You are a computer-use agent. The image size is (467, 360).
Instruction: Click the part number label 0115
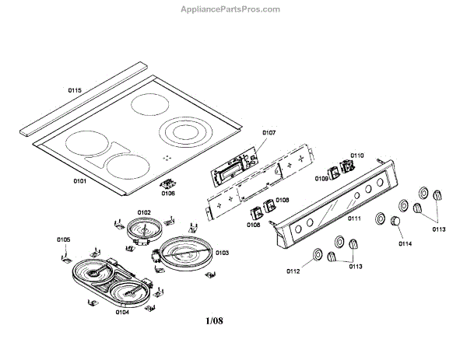point(75,91)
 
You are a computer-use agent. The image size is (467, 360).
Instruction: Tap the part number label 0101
point(79,180)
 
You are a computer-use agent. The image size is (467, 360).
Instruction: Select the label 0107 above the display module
point(269,133)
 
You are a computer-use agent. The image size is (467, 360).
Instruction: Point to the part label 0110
point(356,155)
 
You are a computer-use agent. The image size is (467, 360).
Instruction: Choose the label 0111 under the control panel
point(354,219)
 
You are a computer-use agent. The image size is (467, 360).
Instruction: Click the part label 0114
point(405,244)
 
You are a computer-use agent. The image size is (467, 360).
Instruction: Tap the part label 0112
point(293,271)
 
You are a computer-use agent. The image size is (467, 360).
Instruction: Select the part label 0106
point(168,194)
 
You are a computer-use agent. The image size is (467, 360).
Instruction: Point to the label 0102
point(144,211)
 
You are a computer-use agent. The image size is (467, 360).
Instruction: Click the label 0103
point(223,253)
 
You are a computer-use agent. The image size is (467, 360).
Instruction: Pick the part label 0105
point(64,239)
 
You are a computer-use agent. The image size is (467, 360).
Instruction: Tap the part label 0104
point(121,312)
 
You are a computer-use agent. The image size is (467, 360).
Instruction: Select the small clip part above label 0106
point(167,184)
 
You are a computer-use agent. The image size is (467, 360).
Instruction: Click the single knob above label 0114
point(396,224)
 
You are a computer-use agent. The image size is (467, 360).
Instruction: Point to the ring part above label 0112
point(318,256)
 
